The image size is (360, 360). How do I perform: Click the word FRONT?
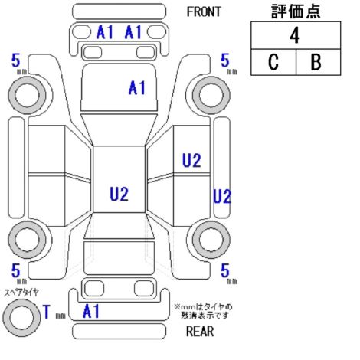204,11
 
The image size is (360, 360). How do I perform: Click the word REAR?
200,332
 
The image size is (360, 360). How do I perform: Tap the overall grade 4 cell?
296,35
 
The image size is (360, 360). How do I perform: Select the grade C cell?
273,62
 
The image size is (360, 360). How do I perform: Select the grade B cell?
318,62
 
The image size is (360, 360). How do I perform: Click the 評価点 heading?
296,11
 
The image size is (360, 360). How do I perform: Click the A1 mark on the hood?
137,88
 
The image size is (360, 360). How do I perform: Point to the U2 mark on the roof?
119,194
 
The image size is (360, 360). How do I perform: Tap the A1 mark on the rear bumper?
91,311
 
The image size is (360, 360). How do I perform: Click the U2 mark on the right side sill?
222,196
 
